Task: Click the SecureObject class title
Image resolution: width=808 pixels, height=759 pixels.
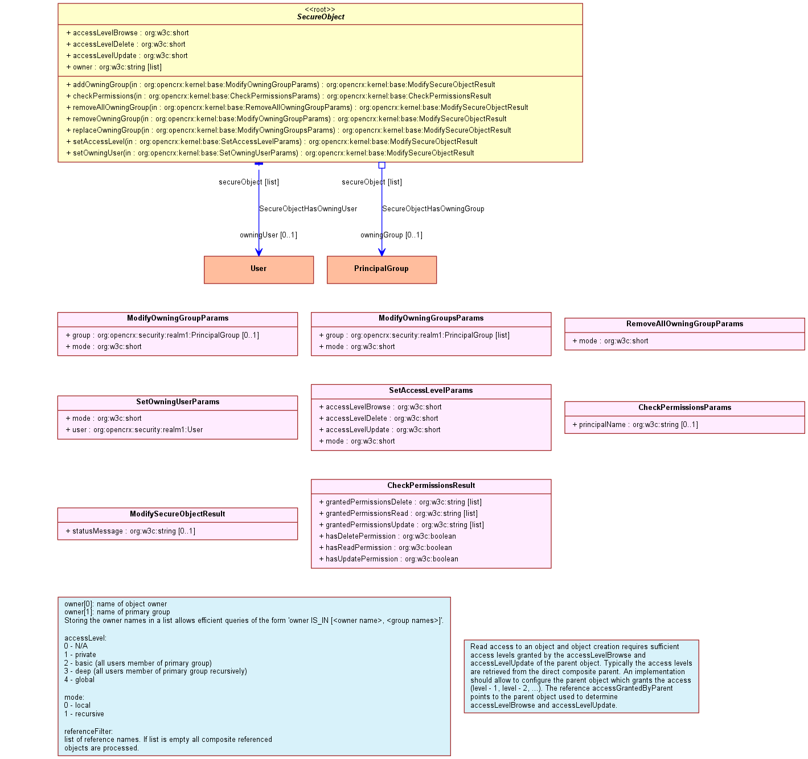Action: (x=320, y=17)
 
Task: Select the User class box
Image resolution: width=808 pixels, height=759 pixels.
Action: (x=259, y=269)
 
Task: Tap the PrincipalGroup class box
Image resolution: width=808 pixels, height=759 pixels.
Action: (x=382, y=269)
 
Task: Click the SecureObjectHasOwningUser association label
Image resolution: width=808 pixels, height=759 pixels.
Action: (x=308, y=209)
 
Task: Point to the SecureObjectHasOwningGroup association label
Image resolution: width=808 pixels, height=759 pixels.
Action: (x=433, y=209)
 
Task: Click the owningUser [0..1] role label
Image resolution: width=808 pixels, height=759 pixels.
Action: (x=268, y=235)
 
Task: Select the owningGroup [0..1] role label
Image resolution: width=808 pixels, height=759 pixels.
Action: (x=391, y=235)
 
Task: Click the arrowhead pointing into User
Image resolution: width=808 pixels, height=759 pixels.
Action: (x=259, y=252)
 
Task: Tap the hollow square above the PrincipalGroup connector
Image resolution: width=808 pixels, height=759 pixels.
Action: (x=382, y=165)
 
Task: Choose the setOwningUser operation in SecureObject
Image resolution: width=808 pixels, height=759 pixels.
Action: (x=270, y=153)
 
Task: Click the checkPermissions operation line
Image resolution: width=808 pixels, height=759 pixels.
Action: (x=278, y=96)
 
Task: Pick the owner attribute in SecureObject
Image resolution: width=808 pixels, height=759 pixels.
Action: (x=114, y=67)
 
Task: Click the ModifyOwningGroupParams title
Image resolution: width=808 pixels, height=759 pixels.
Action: (x=178, y=318)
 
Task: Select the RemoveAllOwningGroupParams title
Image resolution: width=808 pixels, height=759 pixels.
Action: (x=684, y=323)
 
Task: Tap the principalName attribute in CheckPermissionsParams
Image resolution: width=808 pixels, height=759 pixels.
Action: (x=635, y=424)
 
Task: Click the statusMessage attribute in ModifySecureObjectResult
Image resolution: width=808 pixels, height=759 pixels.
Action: (x=130, y=531)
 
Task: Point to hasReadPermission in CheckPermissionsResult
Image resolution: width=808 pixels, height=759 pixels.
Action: (x=385, y=547)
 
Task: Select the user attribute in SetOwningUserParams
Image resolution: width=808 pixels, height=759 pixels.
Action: (x=134, y=429)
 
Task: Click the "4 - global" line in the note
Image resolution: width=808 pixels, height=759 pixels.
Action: (x=79, y=679)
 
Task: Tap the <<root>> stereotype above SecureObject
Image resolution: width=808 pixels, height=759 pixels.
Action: (x=320, y=9)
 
